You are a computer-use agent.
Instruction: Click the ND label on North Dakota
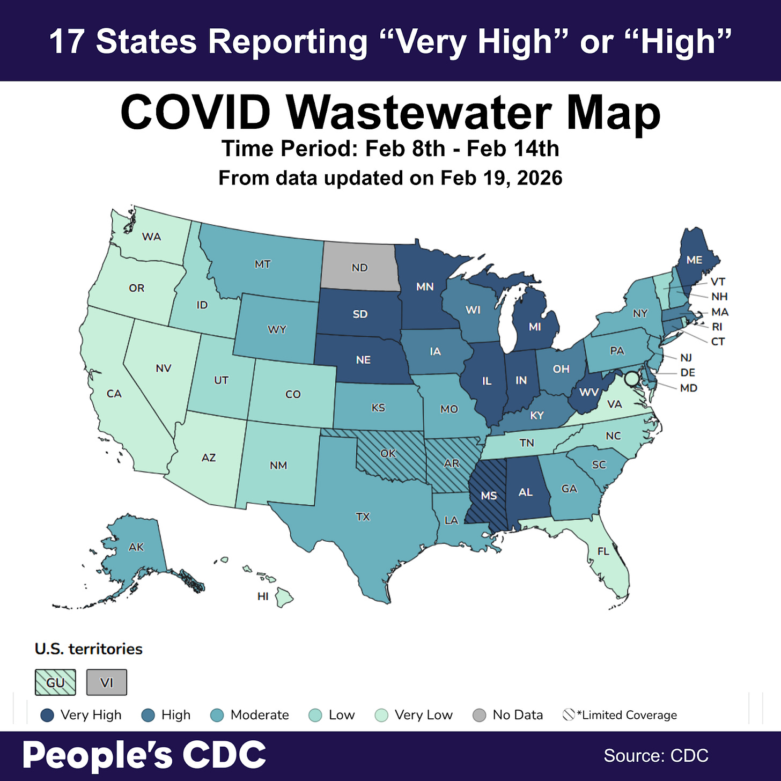(359, 267)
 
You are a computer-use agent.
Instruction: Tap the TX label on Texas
(363, 517)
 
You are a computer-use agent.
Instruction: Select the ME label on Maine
(694, 260)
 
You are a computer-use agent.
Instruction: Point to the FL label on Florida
(603, 551)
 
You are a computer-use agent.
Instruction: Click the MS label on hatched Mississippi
(489, 496)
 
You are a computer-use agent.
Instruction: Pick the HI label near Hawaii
(263, 596)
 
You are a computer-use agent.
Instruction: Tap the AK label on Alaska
(136, 547)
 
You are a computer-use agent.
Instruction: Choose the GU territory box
(55, 682)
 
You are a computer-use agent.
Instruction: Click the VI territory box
(107, 682)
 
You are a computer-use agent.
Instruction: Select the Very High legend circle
(47, 715)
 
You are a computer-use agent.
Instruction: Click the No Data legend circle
(480, 715)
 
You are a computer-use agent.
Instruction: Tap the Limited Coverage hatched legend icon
(569, 714)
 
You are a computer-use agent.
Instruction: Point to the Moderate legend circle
(217, 715)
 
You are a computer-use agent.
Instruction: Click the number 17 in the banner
(67, 42)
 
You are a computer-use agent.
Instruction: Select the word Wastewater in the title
(418, 113)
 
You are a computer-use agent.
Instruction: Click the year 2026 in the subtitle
(540, 178)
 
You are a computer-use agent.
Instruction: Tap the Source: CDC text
(656, 755)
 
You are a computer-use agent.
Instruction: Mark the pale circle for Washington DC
(632, 378)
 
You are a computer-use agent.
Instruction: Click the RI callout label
(717, 327)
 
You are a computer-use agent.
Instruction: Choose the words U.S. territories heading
(89, 649)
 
